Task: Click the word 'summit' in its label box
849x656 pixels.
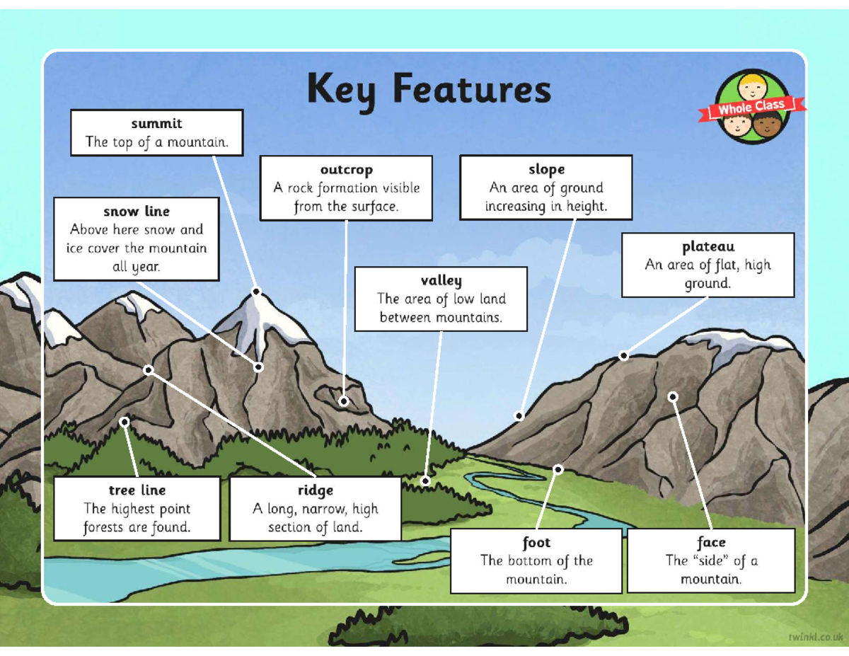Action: click(x=156, y=123)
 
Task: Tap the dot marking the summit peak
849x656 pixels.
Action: click(x=257, y=292)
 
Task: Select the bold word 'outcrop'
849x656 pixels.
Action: click(x=346, y=170)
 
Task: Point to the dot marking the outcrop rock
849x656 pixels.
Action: click(x=344, y=401)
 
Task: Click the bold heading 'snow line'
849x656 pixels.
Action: click(x=137, y=211)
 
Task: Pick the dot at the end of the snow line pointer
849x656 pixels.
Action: click(x=259, y=367)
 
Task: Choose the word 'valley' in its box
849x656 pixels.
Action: click(x=441, y=280)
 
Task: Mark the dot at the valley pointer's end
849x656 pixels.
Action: click(x=425, y=481)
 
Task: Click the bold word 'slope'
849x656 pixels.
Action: click(x=546, y=169)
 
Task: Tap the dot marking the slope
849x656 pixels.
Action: click(x=519, y=416)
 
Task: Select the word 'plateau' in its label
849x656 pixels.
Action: click(x=708, y=246)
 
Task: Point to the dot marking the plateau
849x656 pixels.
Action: click(x=623, y=356)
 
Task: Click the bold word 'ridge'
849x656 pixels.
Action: click(x=315, y=490)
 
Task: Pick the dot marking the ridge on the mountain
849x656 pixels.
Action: click(x=149, y=370)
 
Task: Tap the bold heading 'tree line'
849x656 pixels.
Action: click(x=137, y=490)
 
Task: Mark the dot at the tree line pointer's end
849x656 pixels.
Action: click(x=125, y=422)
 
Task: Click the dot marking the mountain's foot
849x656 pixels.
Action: click(x=558, y=469)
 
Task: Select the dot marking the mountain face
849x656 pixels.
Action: click(x=673, y=397)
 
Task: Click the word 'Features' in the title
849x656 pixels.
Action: click(x=470, y=91)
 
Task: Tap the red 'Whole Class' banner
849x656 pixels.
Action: click(x=752, y=108)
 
